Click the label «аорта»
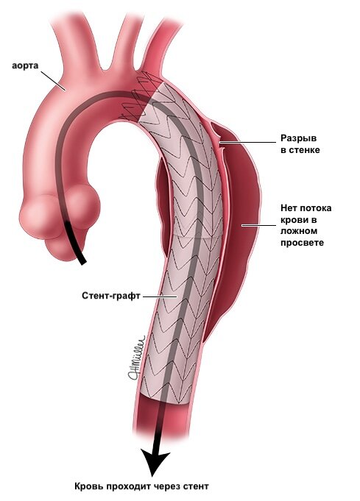pyautogui.click(x=25, y=65)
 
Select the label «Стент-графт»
pyautogui.click(x=111, y=296)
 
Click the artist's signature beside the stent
pyautogui.click(x=137, y=358)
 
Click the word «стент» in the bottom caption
pyautogui.click(x=196, y=486)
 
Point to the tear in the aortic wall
pyautogui.click(x=219, y=143)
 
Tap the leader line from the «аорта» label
pyautogui.click(x=53, y=80)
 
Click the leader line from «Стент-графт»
pyautogui.click(x=160, y=296)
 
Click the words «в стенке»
pyautogui.click(x=300, y=150)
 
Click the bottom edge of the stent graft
pyautogui.click(x=165, y=400)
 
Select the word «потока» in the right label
pyautogui.click(x=316, y=208)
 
